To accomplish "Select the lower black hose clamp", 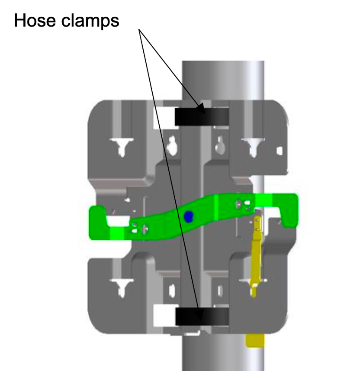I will [x=202, y=316].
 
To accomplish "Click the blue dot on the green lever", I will [x=188, y=216].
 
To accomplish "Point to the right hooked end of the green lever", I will [x=288, y=209].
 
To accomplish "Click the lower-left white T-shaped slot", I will [x=122, y=287].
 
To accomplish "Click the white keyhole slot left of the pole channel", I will [x=172, y=146].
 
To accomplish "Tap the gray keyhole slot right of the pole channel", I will [x=220, y=146].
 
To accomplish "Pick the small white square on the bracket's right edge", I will [x=280, y=150].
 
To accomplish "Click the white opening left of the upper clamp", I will [x=164, y=117].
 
